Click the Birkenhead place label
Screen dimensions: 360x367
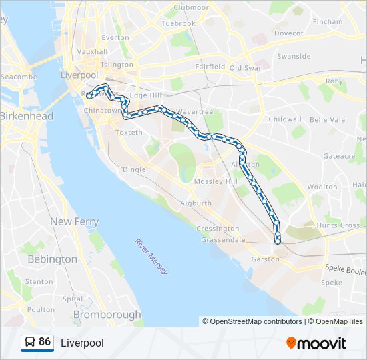[x=27, y=116]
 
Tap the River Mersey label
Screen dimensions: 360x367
[x=151, y=256]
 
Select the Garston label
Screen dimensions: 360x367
[x=265, y=259]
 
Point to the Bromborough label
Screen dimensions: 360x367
[x=107, y=315]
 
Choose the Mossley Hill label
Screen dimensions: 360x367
[x=215, y=181]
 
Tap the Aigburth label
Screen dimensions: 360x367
[x=197, y=203]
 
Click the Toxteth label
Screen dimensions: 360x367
[x=129, y=133]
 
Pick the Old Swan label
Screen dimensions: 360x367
[x=246, y=68]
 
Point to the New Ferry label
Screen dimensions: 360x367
[x=74, y=221]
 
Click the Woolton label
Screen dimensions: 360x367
[x=322, y=187]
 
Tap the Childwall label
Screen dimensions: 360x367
[x=285, y=119]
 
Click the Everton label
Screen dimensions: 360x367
[x=115, y=38]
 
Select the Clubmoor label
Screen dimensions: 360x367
[x=191, y=7]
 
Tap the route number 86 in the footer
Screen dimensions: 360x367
[x=45, y=342]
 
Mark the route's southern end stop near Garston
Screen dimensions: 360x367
[x=278, y=241]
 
